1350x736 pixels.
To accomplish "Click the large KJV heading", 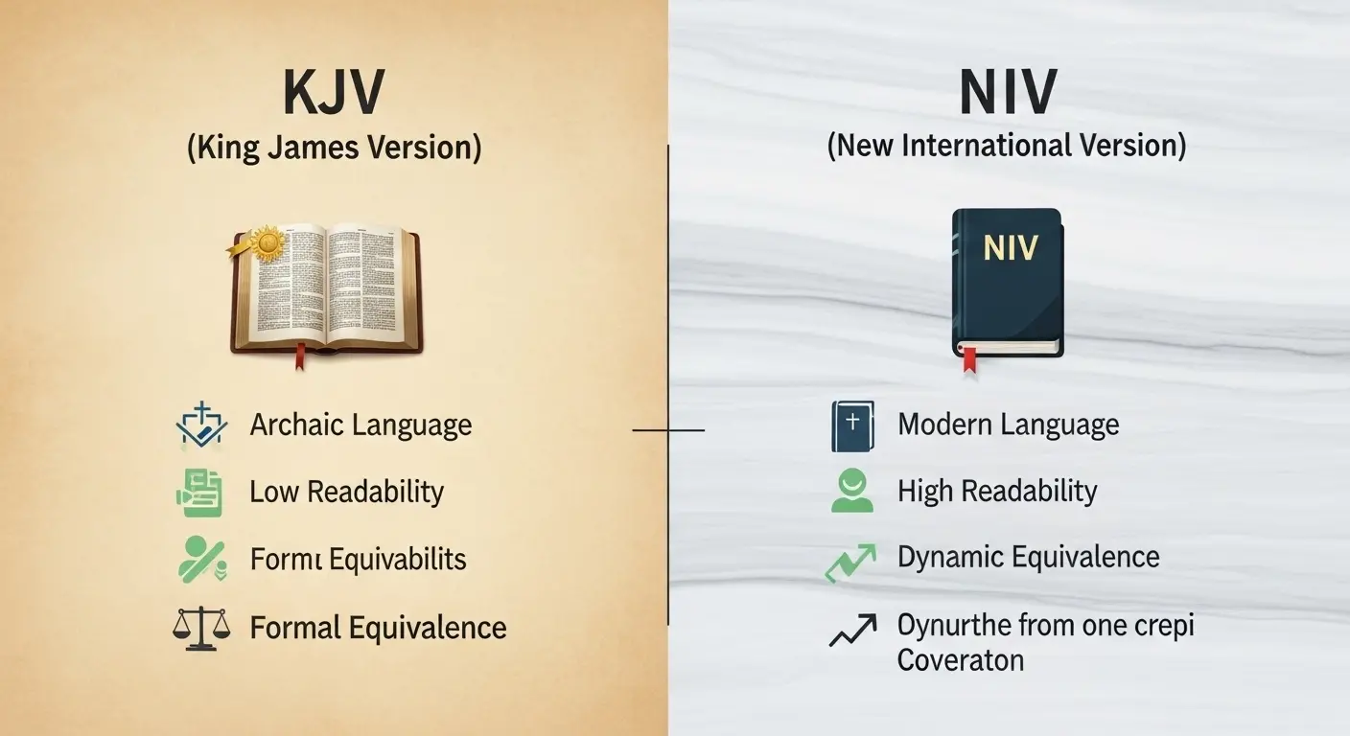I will pyautogui.click(x=333, y=93).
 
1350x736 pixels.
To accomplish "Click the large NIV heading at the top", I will pyautogui.click(x=1007, y=93).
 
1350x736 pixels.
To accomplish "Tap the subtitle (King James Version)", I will pyautogui.click(x=334, y=149).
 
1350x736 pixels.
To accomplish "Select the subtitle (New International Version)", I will pyautogui.click(x=1007, y=147).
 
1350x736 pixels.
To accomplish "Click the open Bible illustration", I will pyautogui.click(x=326, y=289).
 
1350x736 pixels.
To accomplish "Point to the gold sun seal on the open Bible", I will pyautogui.click(x=266, y=241).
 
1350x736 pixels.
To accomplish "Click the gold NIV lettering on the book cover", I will pyautogui.click(x=1011, y=248).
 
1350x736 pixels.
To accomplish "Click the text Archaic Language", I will pyautogui.click(x=361, y=425).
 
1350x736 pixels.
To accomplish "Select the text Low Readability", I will pyautogui.click(x=346, y=492).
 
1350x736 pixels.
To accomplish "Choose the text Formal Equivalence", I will pyautogui.click(x=378, y=628).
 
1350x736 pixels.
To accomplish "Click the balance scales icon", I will pyautogui.click(x=201, y=629).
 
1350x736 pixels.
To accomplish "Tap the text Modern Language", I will pyautogui.click(x=1008, y=424).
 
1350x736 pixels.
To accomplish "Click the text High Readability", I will pyautogui.click(x=997, y=491).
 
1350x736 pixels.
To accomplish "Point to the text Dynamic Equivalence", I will pyautogui.click(x=1028, y=557).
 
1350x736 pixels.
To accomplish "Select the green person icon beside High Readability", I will pyautogui.click(x=851, y=491).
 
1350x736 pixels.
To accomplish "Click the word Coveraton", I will pyautogui.click(x=960, y=660).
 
